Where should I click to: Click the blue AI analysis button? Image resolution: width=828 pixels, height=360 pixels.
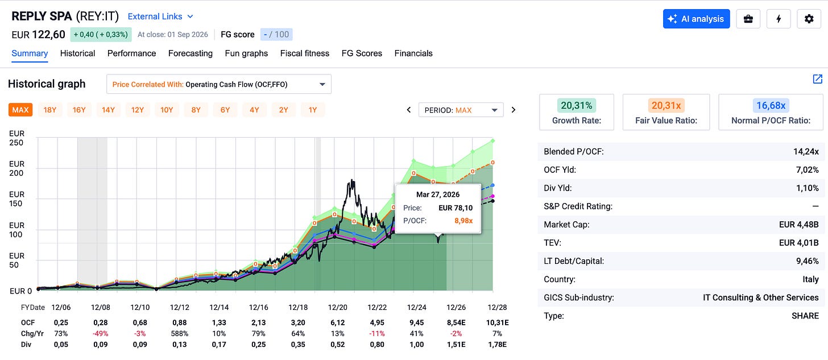pos(696,19)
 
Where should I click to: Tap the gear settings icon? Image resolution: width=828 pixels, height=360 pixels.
pos(809,19)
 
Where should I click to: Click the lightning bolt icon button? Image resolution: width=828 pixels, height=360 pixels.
pos(779,19)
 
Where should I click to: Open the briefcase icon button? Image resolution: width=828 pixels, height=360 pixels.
pos(748,19)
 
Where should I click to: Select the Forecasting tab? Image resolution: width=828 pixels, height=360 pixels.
pos(191,53)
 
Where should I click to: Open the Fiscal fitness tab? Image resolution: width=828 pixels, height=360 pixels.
pos(305,53)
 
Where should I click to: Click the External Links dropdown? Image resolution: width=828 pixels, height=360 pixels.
pos(160,16)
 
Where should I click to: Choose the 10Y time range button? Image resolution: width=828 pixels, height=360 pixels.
pos(167,110)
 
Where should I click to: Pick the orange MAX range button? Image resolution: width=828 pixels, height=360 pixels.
pos(20,110)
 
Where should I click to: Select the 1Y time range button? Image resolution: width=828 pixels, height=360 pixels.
pos(313,110)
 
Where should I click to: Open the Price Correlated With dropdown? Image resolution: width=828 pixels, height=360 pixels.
pos(219,84)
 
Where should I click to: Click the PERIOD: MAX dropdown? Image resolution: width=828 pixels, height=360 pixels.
pos(461,110)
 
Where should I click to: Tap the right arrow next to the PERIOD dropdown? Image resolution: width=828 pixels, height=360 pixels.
pos(514,110)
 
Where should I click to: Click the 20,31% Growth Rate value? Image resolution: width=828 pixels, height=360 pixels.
pos(576,106)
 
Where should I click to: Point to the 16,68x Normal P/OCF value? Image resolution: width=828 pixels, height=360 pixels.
pos(771,106)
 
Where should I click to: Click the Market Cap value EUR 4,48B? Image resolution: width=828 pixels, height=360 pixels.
pos(799,225)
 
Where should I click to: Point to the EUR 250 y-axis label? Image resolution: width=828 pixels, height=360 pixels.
pos(16,138)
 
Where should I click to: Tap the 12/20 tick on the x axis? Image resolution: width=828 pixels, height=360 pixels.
pos(337,308)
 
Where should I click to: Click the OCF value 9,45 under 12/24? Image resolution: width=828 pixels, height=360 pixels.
pos(417,322)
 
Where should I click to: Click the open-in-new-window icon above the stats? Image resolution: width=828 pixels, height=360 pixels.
pos(817,78)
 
